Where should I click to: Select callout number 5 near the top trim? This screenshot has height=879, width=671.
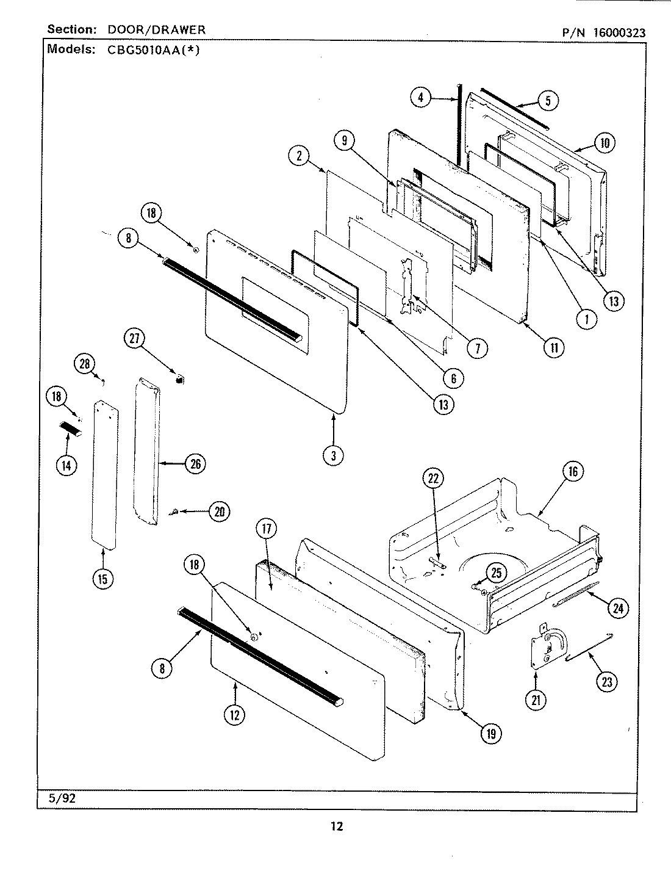coord(547,101)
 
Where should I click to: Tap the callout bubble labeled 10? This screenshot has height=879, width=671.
coord(603,143)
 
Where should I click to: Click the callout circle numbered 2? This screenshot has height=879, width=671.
coord(299,156)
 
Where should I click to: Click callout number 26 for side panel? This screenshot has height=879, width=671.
coord(194,464)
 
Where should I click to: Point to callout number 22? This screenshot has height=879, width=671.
coord(432,479)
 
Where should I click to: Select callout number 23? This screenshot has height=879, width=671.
coord(606,682)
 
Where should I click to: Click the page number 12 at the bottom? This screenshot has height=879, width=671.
coord(337,827)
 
